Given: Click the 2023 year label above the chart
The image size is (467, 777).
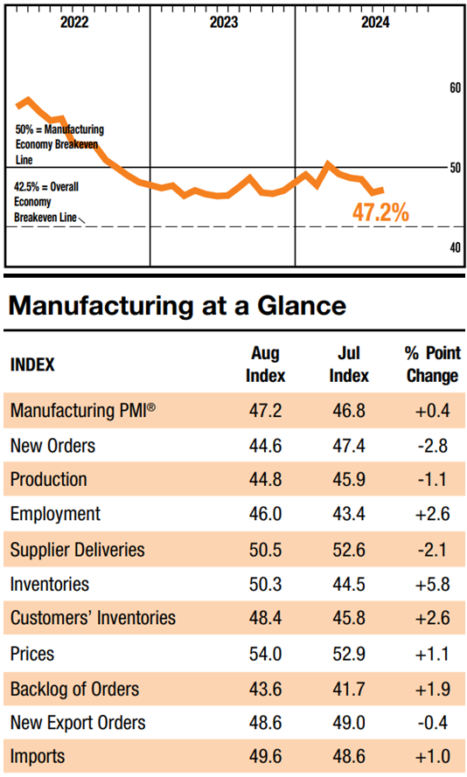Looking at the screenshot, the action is tap(224, 23).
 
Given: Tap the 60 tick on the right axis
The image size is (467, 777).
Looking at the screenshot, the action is tap(455, 87).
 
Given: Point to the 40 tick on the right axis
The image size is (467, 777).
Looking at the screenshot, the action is tap(455, 246).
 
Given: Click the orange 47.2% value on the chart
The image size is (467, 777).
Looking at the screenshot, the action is tap(380, 212).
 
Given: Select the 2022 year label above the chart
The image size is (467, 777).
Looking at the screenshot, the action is tap(74, 23).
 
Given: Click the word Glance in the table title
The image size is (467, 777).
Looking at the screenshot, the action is tap(302, 305).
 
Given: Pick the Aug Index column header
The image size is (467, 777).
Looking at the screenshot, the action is tap(265, 364).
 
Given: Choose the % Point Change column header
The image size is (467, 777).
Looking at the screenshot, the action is tap(432, 364).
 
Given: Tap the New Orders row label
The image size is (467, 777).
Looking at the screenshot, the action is tap(52, 446).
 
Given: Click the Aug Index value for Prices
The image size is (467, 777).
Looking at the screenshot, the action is tap(265, 654).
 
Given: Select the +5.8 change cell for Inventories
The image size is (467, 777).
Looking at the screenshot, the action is tap(432, 584).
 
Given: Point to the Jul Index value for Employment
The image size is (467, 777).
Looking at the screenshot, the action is tap(349, 514).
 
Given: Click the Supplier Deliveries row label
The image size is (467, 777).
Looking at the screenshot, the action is tap(77, 550).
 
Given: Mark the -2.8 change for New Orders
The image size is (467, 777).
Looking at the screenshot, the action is tap(432, 446).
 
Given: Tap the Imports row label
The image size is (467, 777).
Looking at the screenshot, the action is tap(38, 757).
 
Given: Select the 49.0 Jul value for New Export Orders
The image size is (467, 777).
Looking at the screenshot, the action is tap(349, 723).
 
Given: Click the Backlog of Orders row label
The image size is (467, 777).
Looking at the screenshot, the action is tap(75, 689).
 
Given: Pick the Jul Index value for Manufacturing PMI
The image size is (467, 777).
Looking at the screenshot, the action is tap(349, 410).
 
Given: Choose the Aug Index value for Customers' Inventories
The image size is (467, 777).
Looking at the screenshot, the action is tap(265, 618).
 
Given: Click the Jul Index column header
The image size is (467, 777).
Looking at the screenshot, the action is tap(349, 364).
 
